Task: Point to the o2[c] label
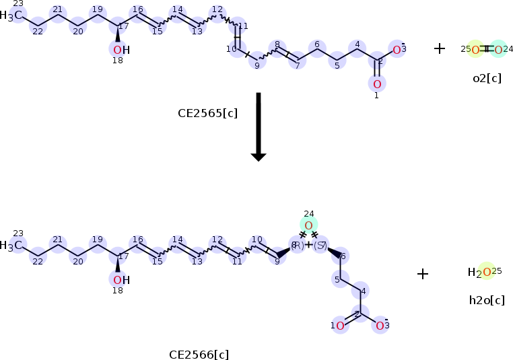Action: (x=487, y=78)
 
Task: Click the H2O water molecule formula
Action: (x=481, y=273)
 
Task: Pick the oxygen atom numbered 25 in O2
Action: (x=475, y=49)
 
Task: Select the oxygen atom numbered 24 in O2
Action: (x=498, y=49)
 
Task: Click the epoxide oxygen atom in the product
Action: (x=308, y=225)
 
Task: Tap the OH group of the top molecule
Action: (x=121, y=50)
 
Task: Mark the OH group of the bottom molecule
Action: (x=121, y=279)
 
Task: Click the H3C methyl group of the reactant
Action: (x=14, y=15)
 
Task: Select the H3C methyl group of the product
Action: (x=14, y=246)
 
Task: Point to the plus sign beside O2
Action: (x=440, y=48)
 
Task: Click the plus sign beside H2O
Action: (x=423, y=274)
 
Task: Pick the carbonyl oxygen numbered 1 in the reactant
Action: (x=377, y=83)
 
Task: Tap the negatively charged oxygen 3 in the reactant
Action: (x=397, y=49)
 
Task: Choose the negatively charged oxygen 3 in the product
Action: (x=380, y=326)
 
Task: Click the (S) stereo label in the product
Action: (x=320, y=245)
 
